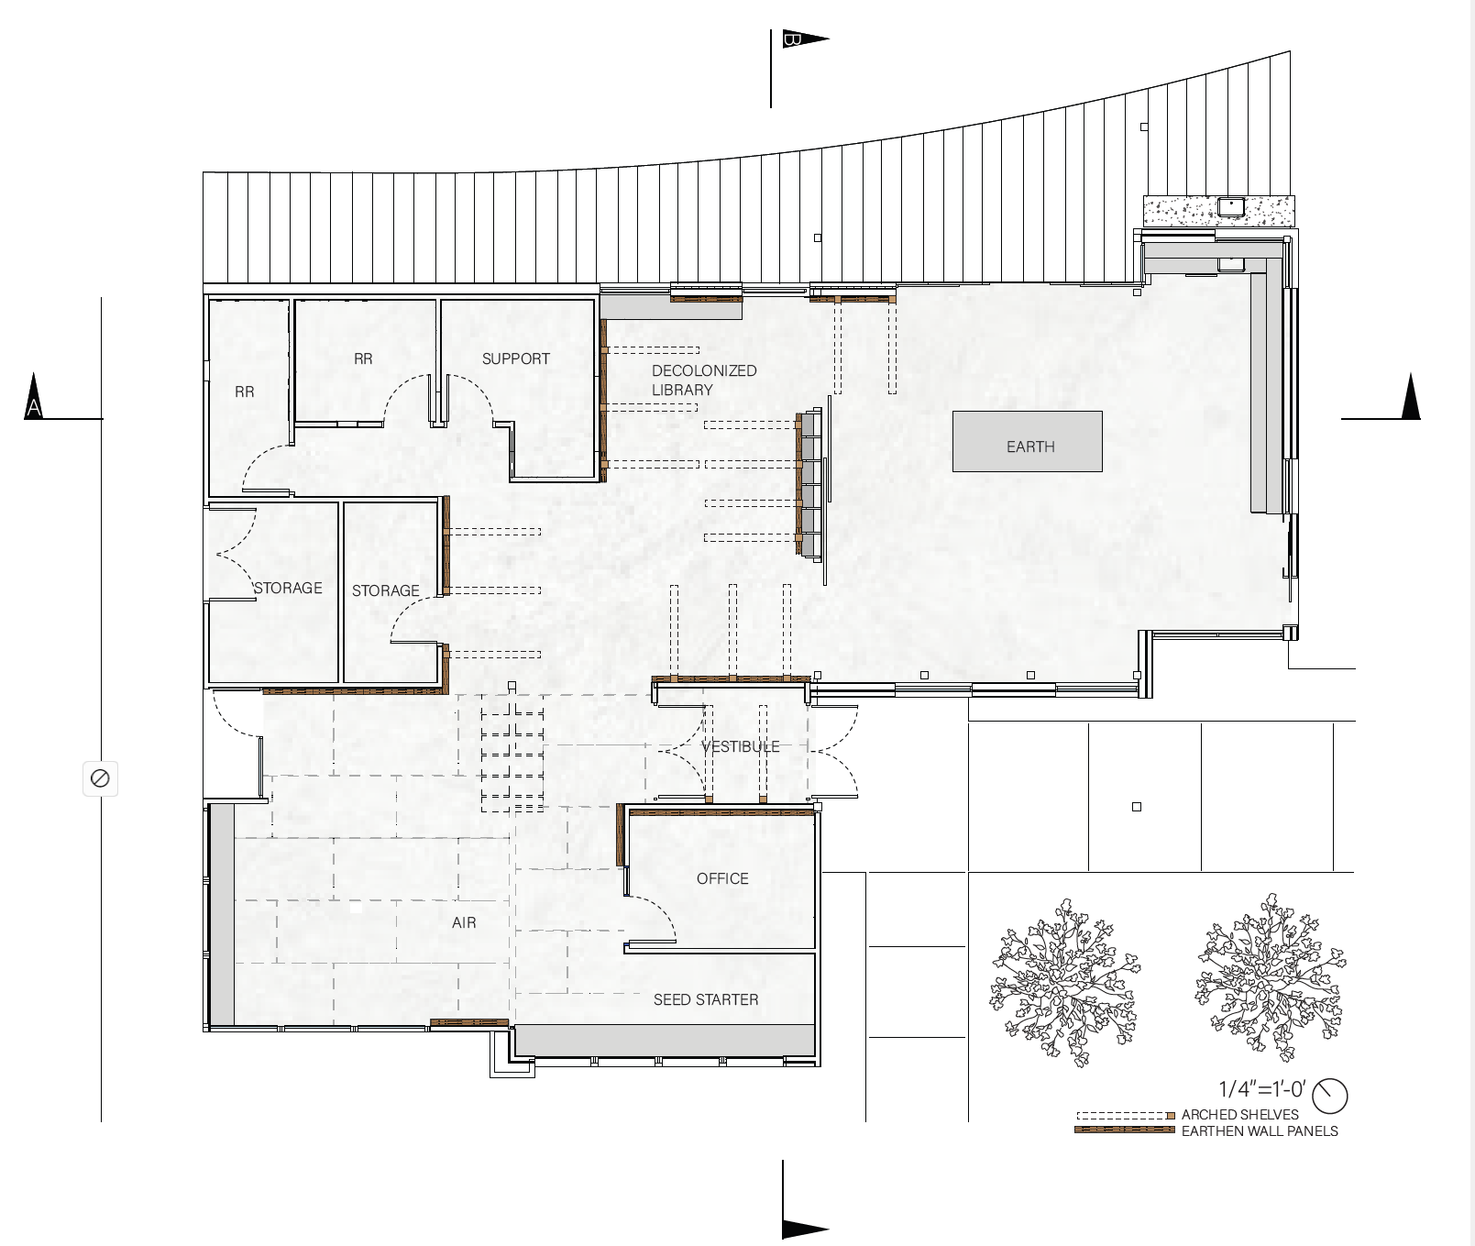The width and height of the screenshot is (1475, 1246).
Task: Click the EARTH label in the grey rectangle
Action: click(x=1030, y=447)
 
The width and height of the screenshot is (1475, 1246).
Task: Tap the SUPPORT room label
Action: click(x=516, y=358)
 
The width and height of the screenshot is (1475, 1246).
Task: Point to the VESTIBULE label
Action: click(x=741, y=746)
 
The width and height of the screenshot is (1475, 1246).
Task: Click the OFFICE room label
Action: click(x=722, y=878)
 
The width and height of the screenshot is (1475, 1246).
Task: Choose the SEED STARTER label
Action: click(x=706, y=999)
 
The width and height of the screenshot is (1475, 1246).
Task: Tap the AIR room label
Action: click(x=464, y=922)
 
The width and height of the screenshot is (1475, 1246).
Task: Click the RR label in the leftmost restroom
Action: click(x=245, y=391)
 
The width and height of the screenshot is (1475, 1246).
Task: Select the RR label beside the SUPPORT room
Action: click(x=363, y=358)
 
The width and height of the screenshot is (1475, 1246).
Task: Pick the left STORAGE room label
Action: click(x=288, y=588)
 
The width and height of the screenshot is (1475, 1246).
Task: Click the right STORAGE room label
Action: click(x=386, y=590)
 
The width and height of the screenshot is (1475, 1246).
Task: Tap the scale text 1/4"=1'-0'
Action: click(x=1261, y=1089)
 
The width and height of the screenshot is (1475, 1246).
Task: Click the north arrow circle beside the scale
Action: click(x=1331, y=1094)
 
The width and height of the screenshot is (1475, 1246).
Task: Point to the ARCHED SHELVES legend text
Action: click(x=1240, y=1115)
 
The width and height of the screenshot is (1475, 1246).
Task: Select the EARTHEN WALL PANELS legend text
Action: click(x=1260, y=1131)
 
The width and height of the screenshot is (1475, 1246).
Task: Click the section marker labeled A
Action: click(x=34, y=397)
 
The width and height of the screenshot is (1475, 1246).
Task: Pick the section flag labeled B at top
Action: click(x=805, y=39)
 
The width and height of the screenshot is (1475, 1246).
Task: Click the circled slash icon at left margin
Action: click(x=100, y=778)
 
